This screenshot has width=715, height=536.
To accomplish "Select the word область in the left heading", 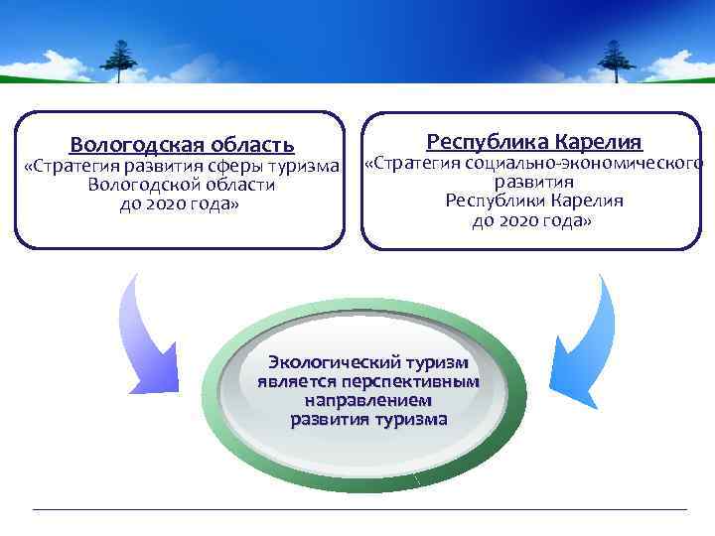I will pos(255,145).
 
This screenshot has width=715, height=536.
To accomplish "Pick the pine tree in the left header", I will pos(120,59).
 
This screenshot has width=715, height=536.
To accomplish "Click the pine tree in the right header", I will pos(616,59).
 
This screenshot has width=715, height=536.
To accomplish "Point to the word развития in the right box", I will pos(534,183).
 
